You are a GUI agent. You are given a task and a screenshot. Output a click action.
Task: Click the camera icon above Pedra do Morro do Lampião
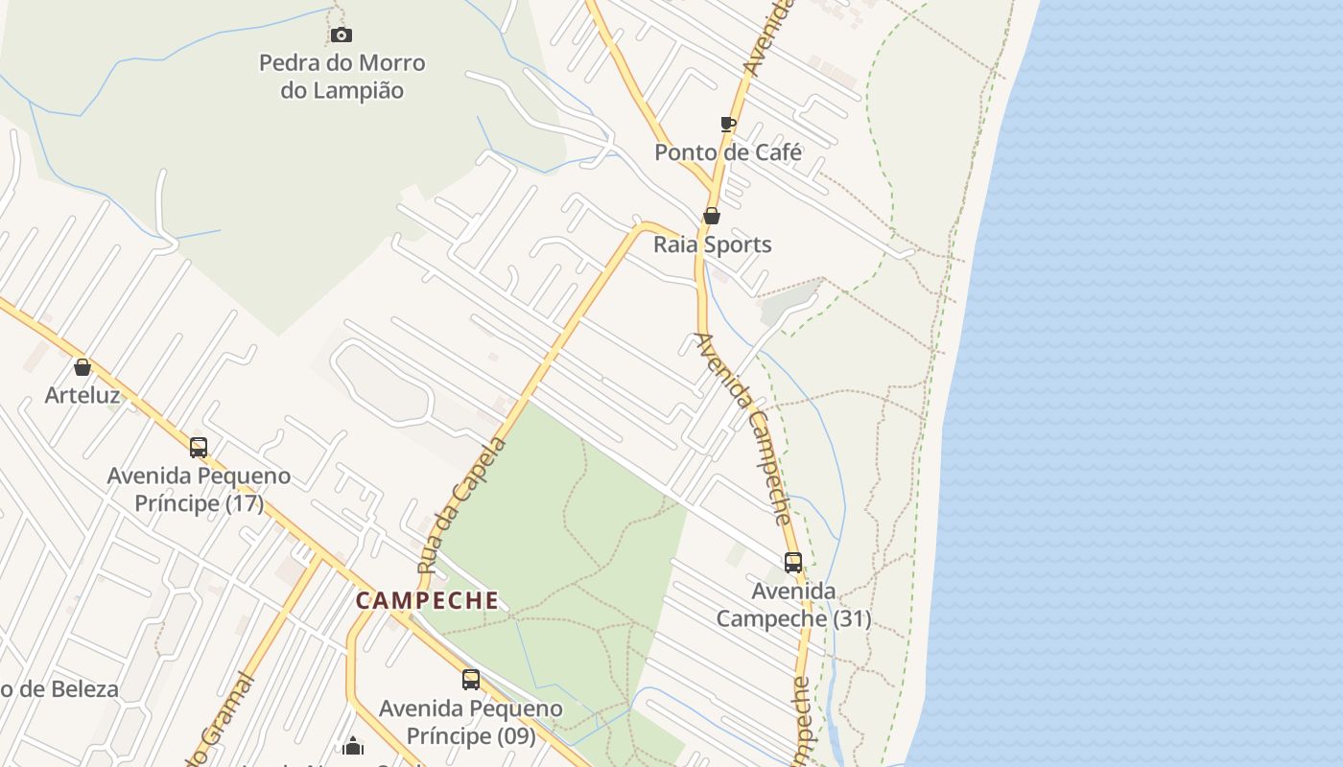[x=341, y=35]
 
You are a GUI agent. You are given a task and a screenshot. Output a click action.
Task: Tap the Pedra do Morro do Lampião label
[x=342, y=77]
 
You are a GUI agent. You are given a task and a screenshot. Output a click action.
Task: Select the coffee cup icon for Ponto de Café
[x=727, y=124]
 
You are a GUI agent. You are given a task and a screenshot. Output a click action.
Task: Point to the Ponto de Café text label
[x=727, y=152]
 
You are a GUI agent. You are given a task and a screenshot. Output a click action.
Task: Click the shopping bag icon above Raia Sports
[x=712, y=216]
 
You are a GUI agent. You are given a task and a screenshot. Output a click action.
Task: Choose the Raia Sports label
[x=712, y=244]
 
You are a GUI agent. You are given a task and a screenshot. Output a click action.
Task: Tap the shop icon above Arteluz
[x=82, y=366]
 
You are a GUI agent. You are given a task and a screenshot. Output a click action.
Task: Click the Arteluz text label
[x=82, y=395]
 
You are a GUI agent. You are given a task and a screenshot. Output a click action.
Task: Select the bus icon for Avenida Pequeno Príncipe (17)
[x=199, y=447]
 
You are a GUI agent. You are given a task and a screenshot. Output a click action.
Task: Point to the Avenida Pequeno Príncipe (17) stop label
[x=199, y=489]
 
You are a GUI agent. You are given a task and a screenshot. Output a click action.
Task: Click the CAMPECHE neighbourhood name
[x=427, y=601]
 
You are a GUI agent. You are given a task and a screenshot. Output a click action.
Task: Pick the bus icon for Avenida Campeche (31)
[x=793, y=563]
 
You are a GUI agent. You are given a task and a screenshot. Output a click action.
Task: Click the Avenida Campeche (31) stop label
[x=793, y=605]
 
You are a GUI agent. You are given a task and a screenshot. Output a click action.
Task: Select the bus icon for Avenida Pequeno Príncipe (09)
[x=470, y=680]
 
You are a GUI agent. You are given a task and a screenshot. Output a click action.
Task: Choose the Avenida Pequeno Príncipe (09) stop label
[x=470, y=722]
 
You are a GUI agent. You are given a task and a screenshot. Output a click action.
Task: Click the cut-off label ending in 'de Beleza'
[x=59, y=689]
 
